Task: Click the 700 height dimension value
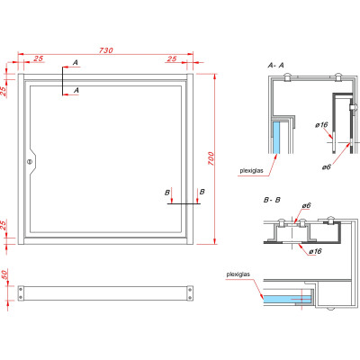210,159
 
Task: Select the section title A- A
276,66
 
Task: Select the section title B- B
273,197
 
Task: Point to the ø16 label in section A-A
320,125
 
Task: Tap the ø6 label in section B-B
305,206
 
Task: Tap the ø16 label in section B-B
315,251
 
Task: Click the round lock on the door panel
31,162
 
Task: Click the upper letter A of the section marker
76,61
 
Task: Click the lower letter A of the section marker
76,90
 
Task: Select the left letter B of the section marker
167,192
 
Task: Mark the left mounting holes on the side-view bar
22,292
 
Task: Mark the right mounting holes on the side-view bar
189,292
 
